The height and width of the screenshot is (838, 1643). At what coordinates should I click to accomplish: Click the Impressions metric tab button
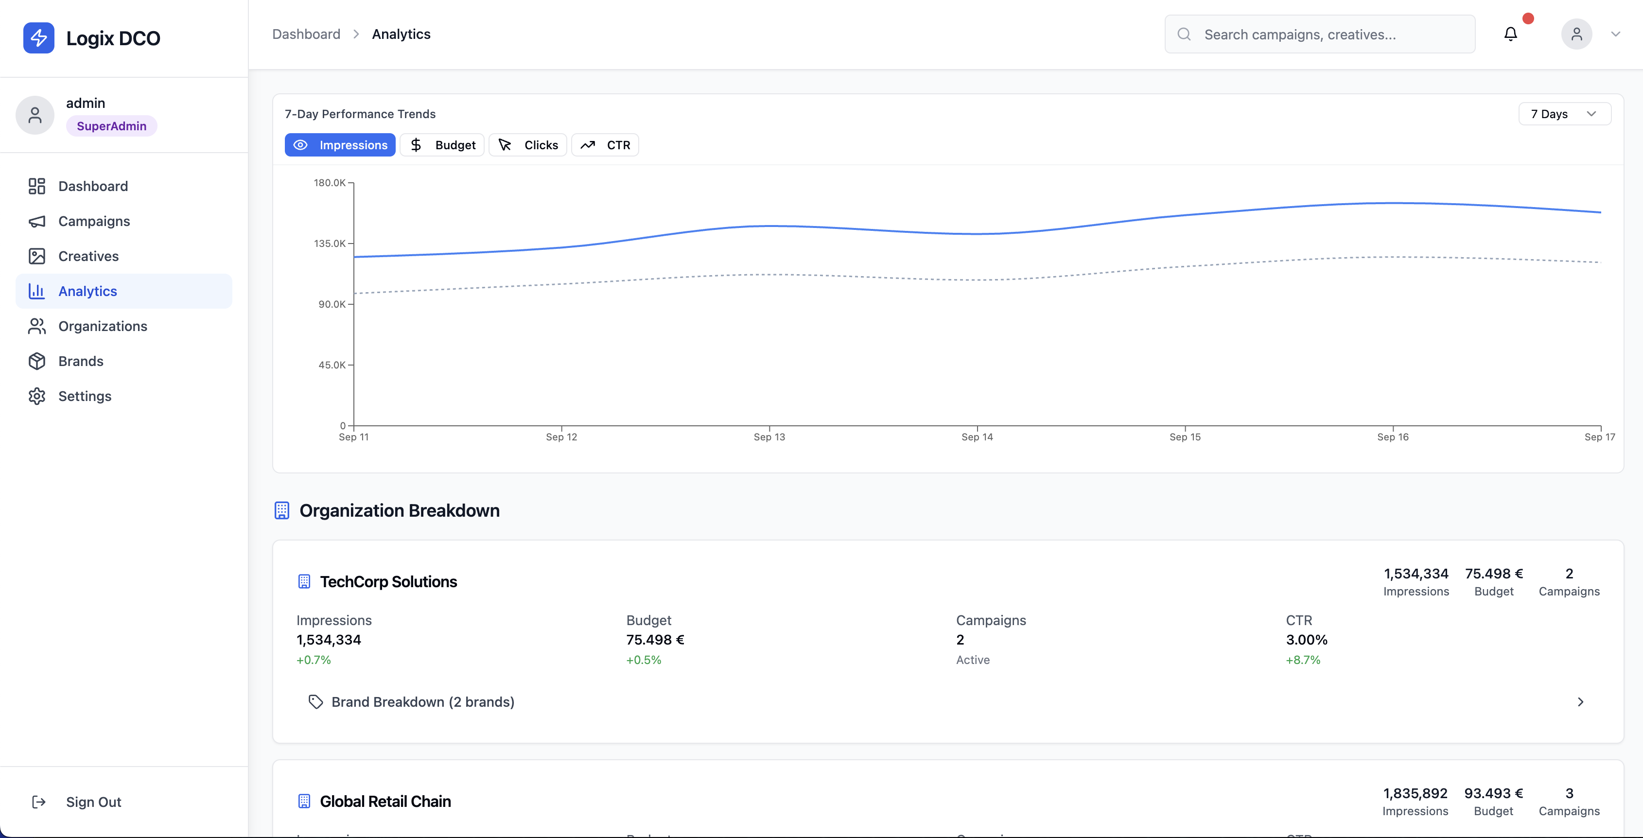point(340,145)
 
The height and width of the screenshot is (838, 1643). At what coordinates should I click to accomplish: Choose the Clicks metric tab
point(527,145)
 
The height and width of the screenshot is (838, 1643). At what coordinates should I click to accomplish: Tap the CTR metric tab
point(605,145)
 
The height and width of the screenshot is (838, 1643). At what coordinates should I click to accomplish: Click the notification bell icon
point(1510,34)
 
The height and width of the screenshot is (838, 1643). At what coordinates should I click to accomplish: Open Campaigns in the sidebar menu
point(94,221)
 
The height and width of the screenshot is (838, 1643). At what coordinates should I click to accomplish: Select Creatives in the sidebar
point(88,256)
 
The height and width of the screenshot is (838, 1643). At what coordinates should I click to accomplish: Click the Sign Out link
point(93,802)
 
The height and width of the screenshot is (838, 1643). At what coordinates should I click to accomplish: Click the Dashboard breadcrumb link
point(306,34)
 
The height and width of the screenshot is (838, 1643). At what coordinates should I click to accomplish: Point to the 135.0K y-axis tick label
point(329,244)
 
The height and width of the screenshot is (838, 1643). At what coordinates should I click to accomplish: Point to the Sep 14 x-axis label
point(977,437)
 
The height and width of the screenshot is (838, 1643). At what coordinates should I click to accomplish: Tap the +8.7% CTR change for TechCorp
point(1302,660)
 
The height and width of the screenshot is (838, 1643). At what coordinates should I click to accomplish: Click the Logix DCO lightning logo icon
point(39,37)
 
